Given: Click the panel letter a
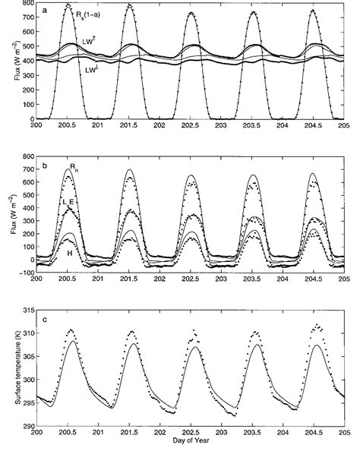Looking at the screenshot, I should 46,11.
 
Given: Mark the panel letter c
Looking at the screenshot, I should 46,319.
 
